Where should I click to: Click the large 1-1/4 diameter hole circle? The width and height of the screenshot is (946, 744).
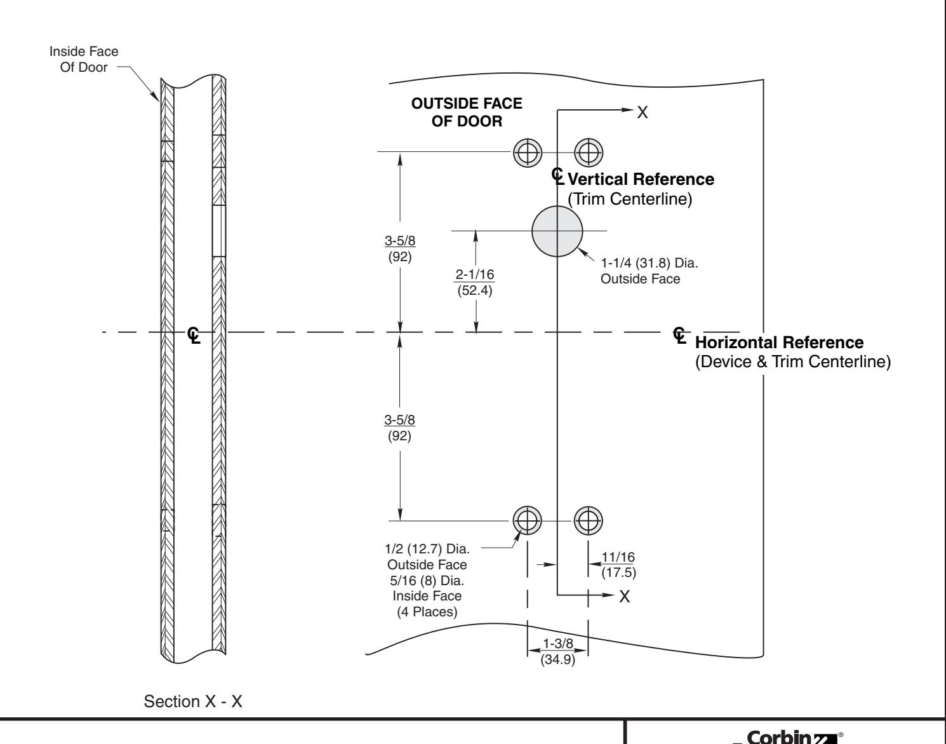point(557,231)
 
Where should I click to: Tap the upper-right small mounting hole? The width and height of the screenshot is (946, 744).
point(588,152)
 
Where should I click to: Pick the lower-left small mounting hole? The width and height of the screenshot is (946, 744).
point(527,520)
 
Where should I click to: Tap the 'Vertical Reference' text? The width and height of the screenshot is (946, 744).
point(641,179)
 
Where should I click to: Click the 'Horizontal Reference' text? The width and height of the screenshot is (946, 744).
point(780,343)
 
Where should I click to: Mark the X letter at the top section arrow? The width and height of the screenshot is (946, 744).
point(643,112)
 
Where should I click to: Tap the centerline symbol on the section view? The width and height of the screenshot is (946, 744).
point(194,335)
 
